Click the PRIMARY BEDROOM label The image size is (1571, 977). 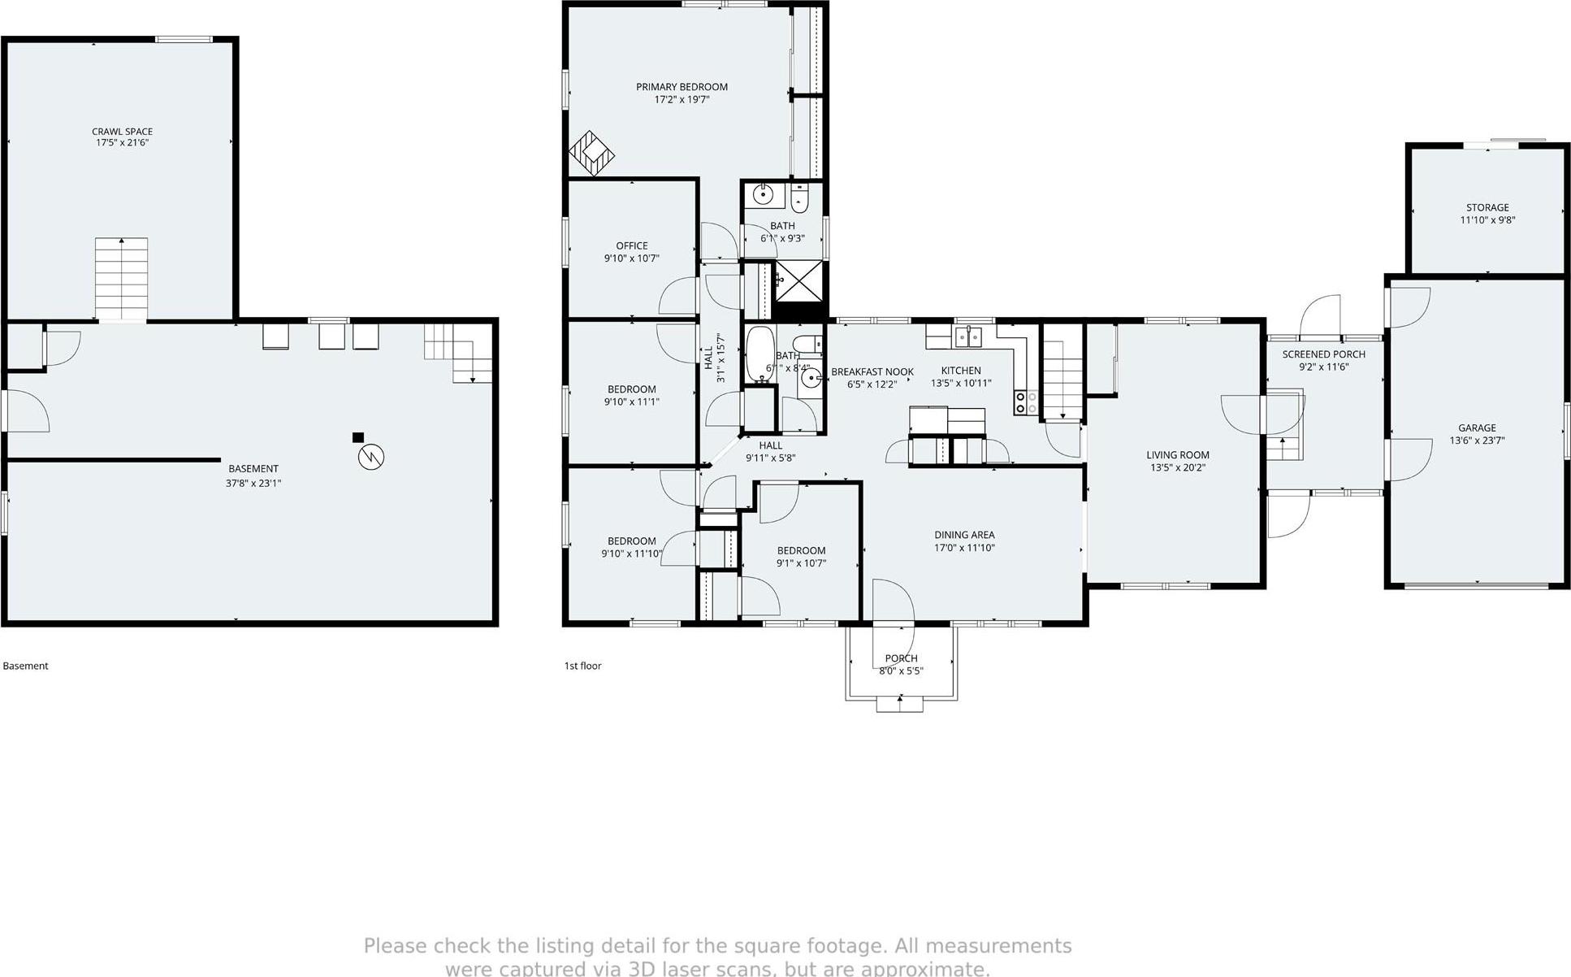coord(682,87)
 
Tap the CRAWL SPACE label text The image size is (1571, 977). coord(122,131)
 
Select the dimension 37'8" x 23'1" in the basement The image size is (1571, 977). coord(253,483)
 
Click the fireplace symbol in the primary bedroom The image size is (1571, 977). coord(591,154)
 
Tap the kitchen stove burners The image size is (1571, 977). coord(1026,402)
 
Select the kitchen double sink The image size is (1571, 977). coord(968,336)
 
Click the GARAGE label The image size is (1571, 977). coord(1477,428)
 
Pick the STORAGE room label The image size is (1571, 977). coord(1487,207)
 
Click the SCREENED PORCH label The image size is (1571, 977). coord(1323,354)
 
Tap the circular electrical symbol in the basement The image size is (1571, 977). coord(371,458)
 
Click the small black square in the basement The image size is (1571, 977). coord(357,437)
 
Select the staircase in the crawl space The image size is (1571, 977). coord(122,279)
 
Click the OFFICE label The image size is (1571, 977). coord(631,245)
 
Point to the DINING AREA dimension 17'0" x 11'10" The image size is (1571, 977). coord(964,548)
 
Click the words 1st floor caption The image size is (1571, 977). coord(582,666)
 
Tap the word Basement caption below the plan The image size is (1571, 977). coord(25,666)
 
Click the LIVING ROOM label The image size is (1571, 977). coord(1178,455)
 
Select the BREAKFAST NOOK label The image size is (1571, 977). coord(872,372)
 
